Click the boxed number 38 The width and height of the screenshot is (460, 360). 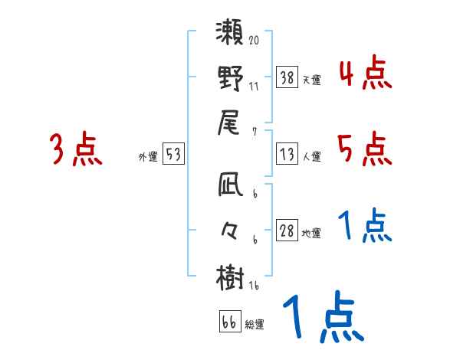coord(287,77)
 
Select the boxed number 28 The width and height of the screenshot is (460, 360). coord(287,231)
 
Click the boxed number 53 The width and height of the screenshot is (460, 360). coord(173,155)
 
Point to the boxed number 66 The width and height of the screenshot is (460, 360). coord(229,322)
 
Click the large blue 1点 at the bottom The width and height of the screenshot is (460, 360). coord(322,319)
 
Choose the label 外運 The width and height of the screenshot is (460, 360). coord(148,156)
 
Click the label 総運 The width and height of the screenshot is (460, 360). coord(254,325)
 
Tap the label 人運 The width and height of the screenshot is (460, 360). coord(312,156)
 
